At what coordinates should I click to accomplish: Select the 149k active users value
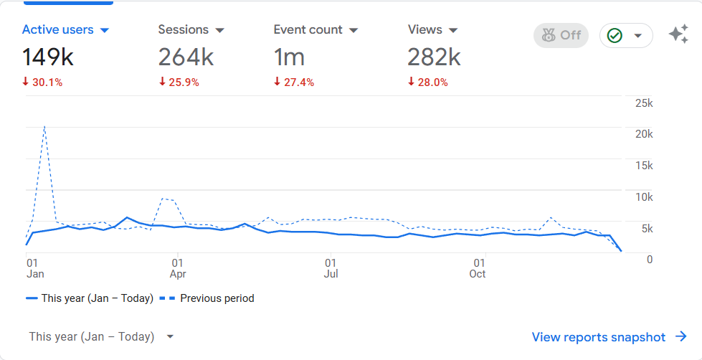coord(49,57)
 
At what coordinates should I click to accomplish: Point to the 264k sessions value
coord(186,57)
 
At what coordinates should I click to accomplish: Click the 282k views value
coord(434,57)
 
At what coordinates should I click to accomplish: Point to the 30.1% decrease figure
coord(42,82)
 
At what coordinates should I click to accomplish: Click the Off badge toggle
coord(561,35)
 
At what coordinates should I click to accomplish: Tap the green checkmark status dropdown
coord(626,35)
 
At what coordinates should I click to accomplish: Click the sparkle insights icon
coord(678,34)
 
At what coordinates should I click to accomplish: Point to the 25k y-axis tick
coord(644,103)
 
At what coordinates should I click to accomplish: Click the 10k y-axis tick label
coord(644,197)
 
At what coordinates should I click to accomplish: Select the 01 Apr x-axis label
coord(178,268)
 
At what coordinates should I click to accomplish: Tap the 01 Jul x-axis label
coord(331,268)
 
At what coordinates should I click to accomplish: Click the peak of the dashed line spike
coord(44,126)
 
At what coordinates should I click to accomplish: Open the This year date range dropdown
coord(101,337)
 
